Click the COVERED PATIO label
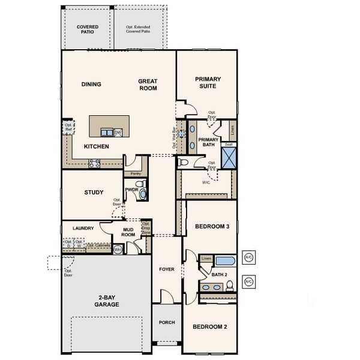pyautogui.click(x=88, y=29)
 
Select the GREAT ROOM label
pyautogui.click(x=148, y=85)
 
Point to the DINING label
pyautogui.click(x=91, y=84)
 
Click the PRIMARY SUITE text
pyautogui.click(x=208, y=82)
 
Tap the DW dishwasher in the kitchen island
pyautogui.click(x=118, y=133)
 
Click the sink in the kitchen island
pyautogui.click(x=106, y=133)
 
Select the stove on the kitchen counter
pyautogui.click(x=94, y=161)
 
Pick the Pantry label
pyautogui.click(x=136, y=173)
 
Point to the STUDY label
pyautogui.click(x=94, y=193)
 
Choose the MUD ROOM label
pyautogui.click(x=128, y=232)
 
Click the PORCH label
pyautogui.click(x=166, y=322)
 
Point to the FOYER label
pyautogui.click(x=166, y=269)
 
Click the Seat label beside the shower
pyautogui.click(x=228, y=145)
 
